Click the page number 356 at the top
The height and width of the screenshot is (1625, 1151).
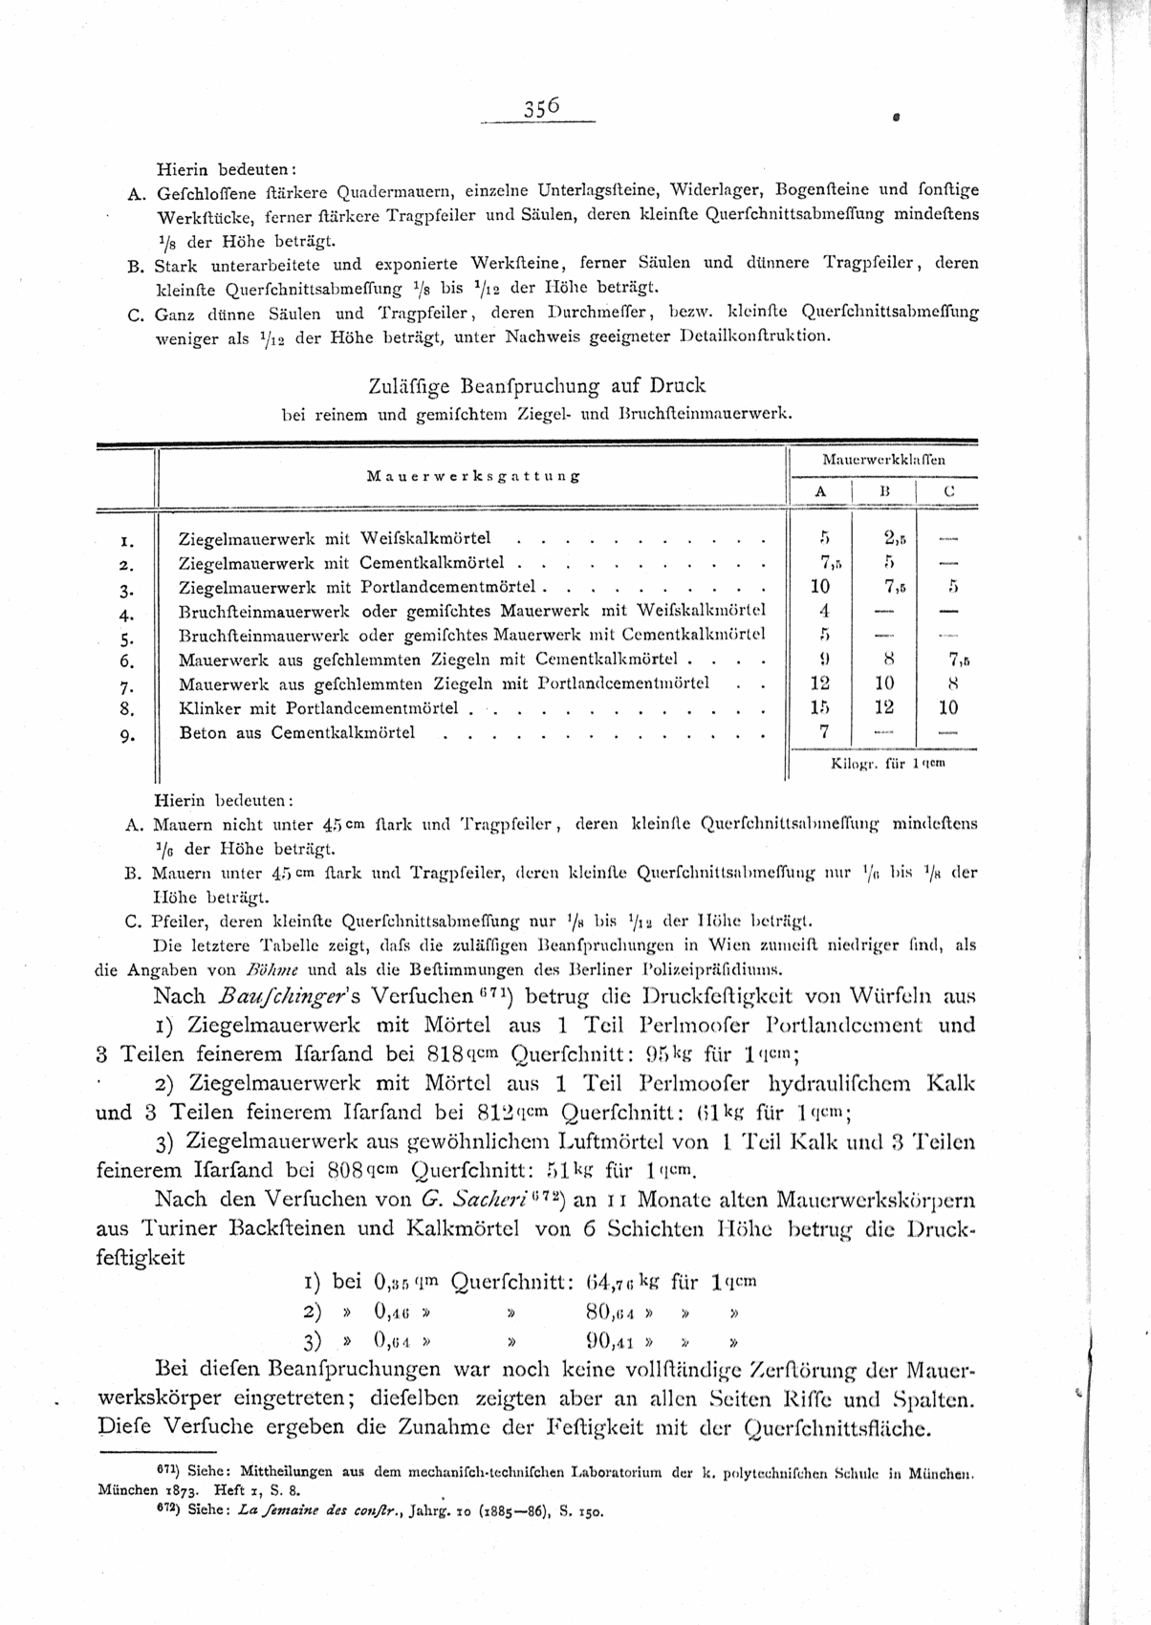click(540, 108)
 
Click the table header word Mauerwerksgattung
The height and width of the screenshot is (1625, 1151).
click(473, 476)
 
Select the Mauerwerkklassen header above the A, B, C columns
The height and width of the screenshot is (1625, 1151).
click(884, 460)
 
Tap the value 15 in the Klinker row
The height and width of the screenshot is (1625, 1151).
click(819, 708)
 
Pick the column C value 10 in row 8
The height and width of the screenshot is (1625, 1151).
click(947, 708)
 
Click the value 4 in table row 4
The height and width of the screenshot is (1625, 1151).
click(823, 611)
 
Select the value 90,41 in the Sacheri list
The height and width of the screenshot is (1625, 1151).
click(611, 1339)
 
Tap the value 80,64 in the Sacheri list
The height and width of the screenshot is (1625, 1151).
click(611, 1311)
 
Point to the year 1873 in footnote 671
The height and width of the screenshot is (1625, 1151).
click(179, 1489)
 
